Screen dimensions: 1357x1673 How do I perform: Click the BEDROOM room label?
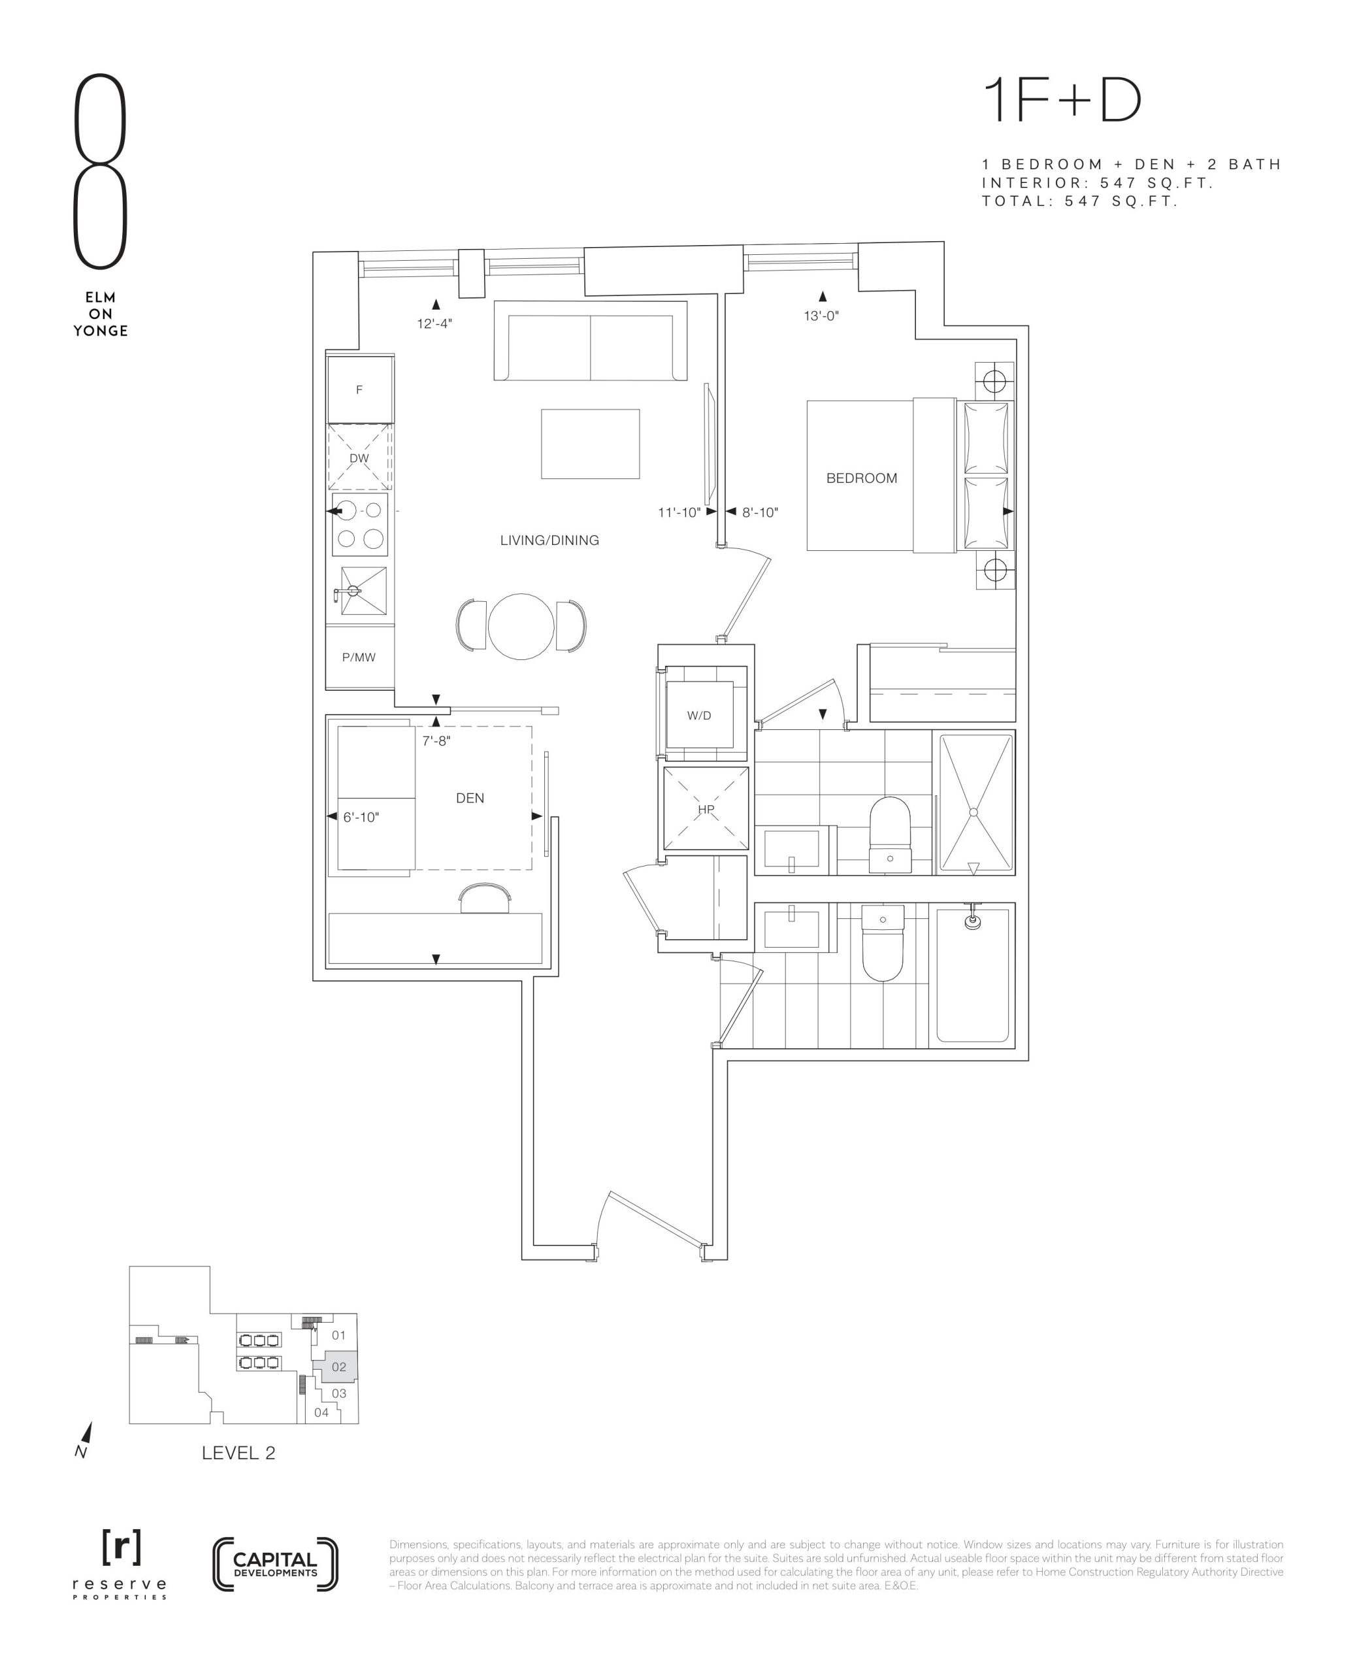[861, 478]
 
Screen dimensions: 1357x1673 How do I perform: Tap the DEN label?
[470, 798]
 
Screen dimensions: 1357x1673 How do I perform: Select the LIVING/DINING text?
[549, 540]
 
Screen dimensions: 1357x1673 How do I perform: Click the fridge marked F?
[359, 389]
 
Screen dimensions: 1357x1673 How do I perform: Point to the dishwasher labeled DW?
[359, 458]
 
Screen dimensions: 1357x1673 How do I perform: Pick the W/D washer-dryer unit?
[699, 714]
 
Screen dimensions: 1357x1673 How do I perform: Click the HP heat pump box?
[706, 809]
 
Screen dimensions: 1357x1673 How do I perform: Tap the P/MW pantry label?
[359, 657]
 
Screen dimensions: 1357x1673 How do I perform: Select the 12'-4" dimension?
[434, 323]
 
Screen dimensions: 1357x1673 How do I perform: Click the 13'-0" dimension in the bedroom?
[821, 316]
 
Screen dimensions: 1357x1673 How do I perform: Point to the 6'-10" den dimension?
[361, 817]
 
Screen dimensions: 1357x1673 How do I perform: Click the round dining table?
[521, 626]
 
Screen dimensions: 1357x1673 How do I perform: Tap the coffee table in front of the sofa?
[590, 444]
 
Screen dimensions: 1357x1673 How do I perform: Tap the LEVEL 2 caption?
[238, 1453]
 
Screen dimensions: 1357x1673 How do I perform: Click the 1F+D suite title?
[1062, 100]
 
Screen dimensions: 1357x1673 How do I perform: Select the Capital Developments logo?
[275, 1565]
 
